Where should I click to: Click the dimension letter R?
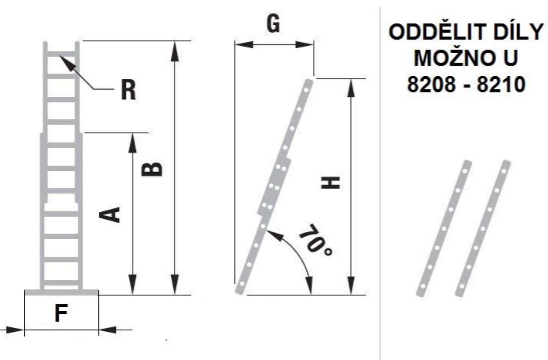pos(128,90)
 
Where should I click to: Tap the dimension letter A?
pos(110,214)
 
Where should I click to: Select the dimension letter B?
pos(152,169)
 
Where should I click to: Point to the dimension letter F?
pos(61,313)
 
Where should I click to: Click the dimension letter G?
pos(273,24)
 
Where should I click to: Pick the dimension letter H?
pos(330,183)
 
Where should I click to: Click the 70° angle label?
pos(316,240)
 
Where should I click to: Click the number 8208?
pos(431,84)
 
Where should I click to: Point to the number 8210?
pos(501,84)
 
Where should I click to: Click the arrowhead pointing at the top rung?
pos(67,62)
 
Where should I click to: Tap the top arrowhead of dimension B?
pos(175,51)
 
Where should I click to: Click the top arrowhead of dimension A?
pos(132,143)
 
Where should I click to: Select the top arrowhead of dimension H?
pos(351,88)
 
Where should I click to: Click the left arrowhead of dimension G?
pos(244,45)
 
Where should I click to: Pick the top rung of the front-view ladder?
pos(61,54)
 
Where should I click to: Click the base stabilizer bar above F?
pos(62,292)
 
